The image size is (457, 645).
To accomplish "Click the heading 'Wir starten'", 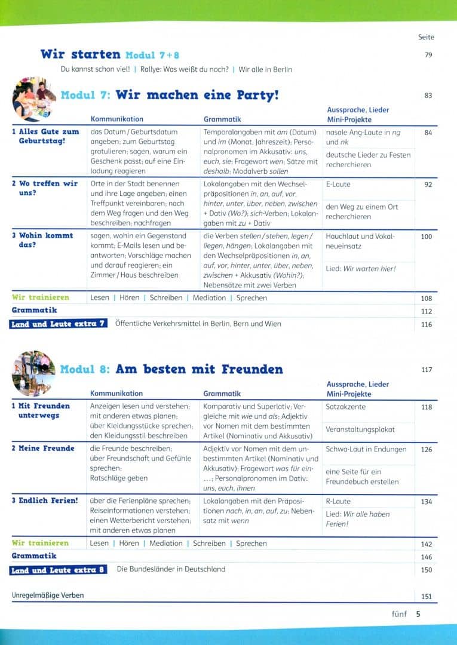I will [80, 54].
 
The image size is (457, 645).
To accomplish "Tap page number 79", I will [428, 56].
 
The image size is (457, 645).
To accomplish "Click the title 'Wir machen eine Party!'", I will [197, 95].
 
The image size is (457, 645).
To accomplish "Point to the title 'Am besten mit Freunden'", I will [199, 369].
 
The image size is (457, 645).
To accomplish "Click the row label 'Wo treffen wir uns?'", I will [45, 188].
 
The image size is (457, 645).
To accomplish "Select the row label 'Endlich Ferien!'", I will [45, 500].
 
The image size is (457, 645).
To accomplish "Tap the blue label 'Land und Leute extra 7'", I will [59, 324].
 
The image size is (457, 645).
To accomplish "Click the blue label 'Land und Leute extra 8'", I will [59, 570].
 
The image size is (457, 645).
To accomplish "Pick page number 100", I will [426, 236].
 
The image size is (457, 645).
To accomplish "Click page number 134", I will [426, 502].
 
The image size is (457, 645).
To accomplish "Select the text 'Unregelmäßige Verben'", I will [48, 595].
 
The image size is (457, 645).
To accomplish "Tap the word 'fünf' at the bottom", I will [399, 613].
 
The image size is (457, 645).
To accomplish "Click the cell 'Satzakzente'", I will [346, 407].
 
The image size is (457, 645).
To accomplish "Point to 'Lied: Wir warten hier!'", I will [361, 269].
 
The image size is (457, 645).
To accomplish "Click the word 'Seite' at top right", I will [426, 37].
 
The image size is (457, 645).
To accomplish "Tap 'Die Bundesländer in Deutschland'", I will [171, 569].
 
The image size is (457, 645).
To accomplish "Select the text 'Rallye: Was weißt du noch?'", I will [184, 69].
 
